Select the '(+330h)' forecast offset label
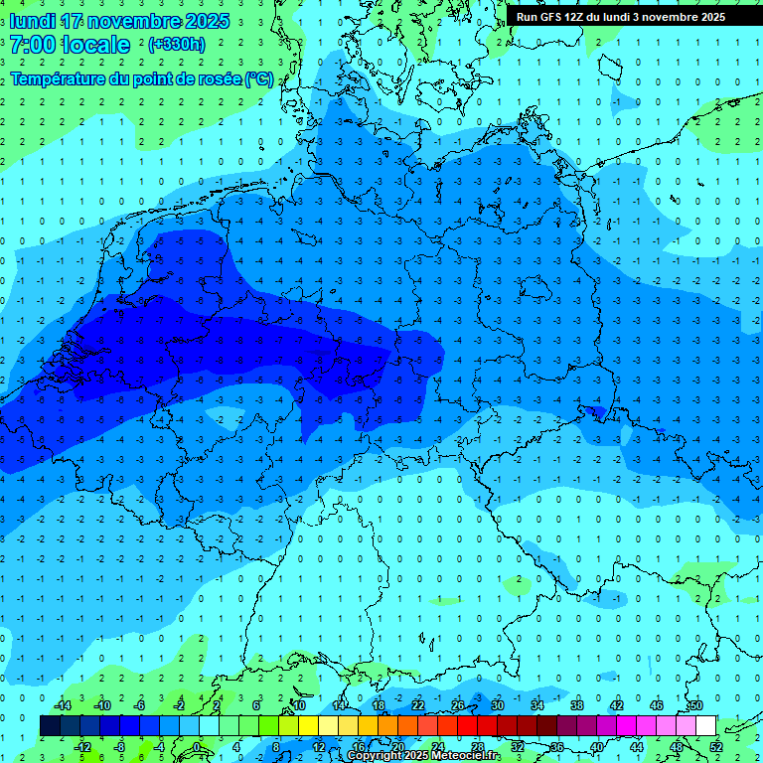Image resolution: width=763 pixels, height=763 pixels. click(x=177, y=45)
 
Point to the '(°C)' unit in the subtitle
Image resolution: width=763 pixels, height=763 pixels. click(x=258, y=78)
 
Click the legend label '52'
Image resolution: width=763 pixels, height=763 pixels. click(x=715, y=746)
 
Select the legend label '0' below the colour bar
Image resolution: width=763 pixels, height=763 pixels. click(x=197, y=746)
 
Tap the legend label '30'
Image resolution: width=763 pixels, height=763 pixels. click(x=497, y=705)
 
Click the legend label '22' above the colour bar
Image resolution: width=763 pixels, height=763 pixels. click(x=417, y=705)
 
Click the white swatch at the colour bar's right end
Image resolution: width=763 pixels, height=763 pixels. click(x=705, y=726)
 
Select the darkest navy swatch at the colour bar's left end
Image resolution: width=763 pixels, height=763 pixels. click(x=50, y=726)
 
